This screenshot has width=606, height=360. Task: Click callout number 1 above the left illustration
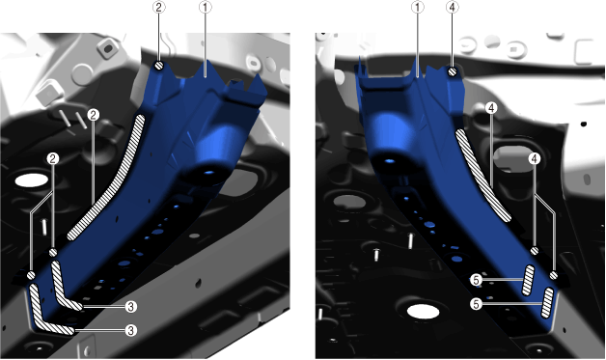click(206, 7)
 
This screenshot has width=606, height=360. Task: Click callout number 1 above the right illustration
click(418, 7)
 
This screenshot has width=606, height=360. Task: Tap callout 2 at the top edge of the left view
click(159, 7)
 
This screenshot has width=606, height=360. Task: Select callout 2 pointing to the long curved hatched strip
click(94, 115)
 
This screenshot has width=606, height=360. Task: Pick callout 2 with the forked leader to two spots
click(53, 158)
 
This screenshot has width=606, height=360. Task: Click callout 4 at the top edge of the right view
click(453, 7)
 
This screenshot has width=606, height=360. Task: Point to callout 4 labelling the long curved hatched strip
click(491, 108)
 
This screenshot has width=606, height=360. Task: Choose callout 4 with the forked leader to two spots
click(535, 158)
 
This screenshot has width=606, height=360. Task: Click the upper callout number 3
click(131, 307)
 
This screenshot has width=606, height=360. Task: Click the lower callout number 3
click(131, 331)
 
